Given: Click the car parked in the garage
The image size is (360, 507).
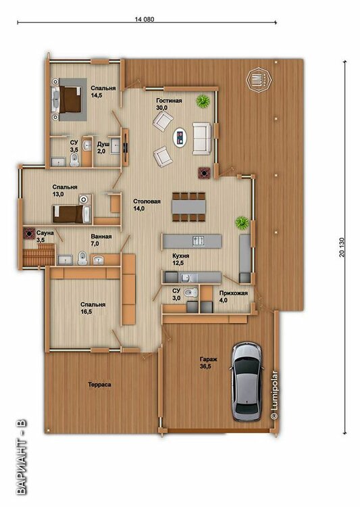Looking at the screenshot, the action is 247,382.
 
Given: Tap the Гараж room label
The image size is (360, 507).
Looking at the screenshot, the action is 209,359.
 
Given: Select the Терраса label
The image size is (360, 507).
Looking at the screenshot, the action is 99,385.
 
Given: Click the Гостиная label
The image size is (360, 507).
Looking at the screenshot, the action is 169,101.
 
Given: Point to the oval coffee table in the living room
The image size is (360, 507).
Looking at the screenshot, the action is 180,137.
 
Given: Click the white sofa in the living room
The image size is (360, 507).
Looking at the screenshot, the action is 202,139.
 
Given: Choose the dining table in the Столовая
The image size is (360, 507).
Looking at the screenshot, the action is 188,207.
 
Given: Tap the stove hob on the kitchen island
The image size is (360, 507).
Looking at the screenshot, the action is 199,241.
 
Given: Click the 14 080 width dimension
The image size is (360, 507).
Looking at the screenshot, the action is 145,19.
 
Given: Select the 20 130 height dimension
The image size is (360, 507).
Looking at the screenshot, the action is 342,247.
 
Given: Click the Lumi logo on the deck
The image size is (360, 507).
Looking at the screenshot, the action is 259,80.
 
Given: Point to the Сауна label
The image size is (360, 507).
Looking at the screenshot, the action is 45,233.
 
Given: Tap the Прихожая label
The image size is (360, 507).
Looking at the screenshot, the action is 233,293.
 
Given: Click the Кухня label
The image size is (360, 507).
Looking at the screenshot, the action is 180,256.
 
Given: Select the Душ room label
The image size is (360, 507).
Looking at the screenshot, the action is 103,143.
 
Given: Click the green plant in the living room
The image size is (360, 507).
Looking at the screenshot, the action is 203,101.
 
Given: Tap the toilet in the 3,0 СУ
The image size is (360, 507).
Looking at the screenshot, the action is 190,293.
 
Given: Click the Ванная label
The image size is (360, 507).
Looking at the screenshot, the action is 101,237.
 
